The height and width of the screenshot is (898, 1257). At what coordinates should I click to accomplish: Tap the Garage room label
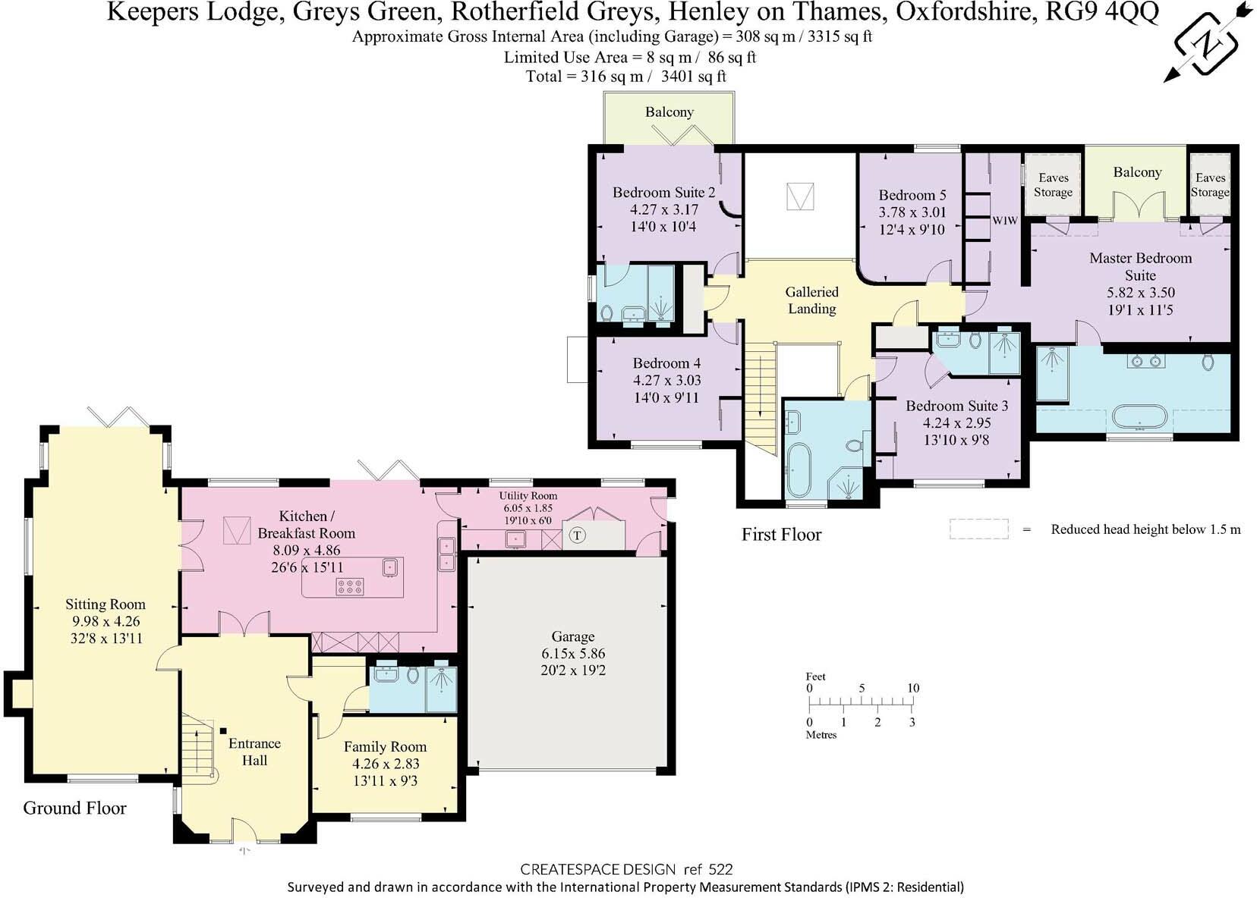tap(572, 636)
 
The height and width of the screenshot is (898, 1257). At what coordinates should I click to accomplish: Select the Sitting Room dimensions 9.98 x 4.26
tap(105, 621)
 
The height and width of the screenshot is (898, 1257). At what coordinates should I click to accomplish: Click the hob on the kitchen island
tap(350, 586)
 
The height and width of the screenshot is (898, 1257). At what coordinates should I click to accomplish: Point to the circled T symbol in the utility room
tap(578, 535)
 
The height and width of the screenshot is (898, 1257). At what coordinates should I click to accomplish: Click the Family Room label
tap(385, 746)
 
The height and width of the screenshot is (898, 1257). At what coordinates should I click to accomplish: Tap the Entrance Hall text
tap(254, 752)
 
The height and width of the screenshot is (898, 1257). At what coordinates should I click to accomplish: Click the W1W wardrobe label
tap(1004, 221)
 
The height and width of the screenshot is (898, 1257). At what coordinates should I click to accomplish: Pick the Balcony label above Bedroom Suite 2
tap(669, 112)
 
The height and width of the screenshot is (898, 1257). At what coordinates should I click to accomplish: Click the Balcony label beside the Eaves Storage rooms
tap(1136, 172)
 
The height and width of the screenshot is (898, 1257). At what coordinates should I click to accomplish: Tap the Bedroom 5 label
tap(912, 195)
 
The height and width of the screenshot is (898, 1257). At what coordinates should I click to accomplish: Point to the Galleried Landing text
tap(811, 300)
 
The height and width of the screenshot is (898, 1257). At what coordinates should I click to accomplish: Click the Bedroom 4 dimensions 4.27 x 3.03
tap(666, 380)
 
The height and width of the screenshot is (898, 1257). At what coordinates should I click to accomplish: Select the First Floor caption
tap(781, 535)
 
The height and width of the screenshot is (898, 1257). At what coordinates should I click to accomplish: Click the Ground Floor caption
tap(74, 808)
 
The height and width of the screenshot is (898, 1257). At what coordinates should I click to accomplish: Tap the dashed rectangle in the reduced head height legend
tap(978, 529)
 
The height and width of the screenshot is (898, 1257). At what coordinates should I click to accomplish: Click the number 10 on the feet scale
tap(913, 688)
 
